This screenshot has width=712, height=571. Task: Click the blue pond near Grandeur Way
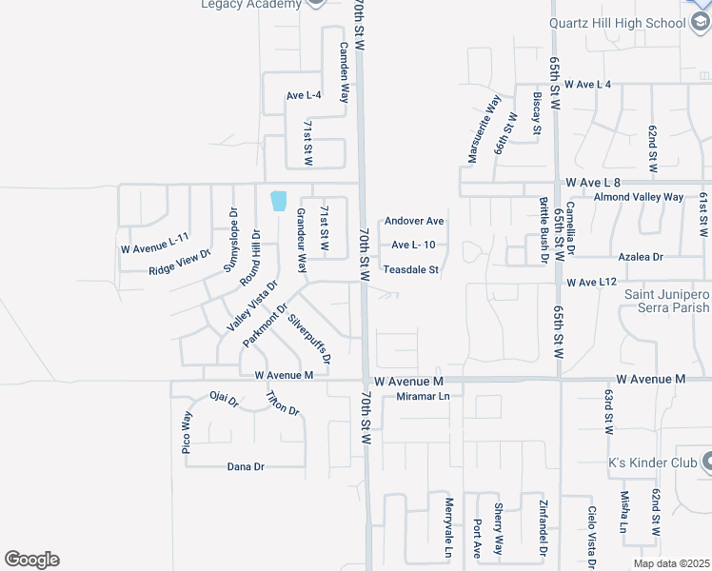tap(279, 201)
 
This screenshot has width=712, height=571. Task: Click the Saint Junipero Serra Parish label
tap(666, 301)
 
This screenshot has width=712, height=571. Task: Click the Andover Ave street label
tap(414, 222)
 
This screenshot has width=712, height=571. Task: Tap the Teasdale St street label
tap(411, 270)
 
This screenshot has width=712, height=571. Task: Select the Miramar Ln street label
tap(423, 396)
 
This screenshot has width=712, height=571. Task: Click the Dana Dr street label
tap(246, 466)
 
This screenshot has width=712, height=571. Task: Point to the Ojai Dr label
tap(225, 402)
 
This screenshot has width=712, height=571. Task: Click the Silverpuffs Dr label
tap(310, 339)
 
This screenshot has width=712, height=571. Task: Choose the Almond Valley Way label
tap(638, 197)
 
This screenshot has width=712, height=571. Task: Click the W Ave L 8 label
tap(592, 182)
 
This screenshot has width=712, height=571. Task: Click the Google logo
tap(31, 560)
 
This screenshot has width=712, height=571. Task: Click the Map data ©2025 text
tap(671, 563)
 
